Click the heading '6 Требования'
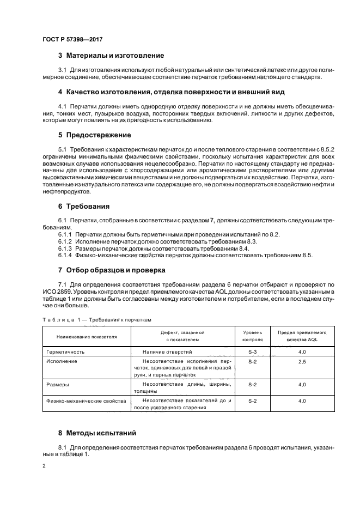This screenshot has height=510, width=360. (x=84, y=207)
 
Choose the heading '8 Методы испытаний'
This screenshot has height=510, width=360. (x=98, y=433)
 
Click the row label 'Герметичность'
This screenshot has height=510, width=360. (x=65, y=353)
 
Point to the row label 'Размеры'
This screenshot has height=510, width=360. (x=58, y=385)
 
